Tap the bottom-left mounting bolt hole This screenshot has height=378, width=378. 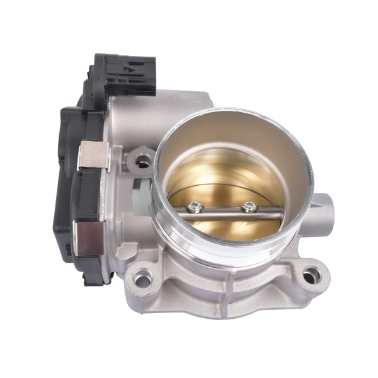pyautogui.click(x=143, y=277)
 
